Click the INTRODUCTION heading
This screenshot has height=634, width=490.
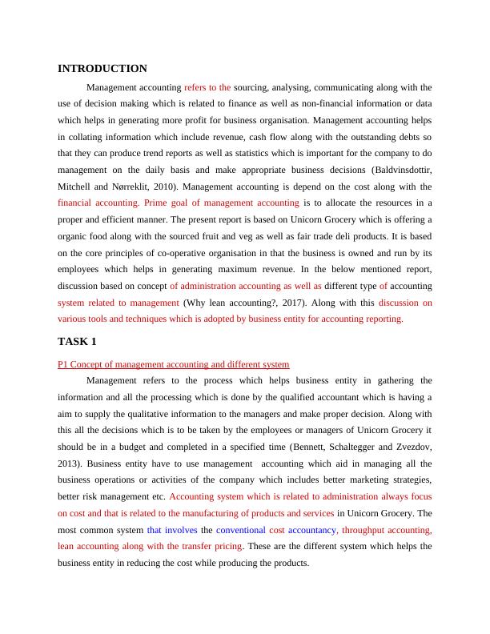tap(102, 69)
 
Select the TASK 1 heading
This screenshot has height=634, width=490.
tap(77, 342)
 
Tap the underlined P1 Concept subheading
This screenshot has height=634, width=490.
tap(174, 364)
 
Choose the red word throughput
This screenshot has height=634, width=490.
tap(368, 530)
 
